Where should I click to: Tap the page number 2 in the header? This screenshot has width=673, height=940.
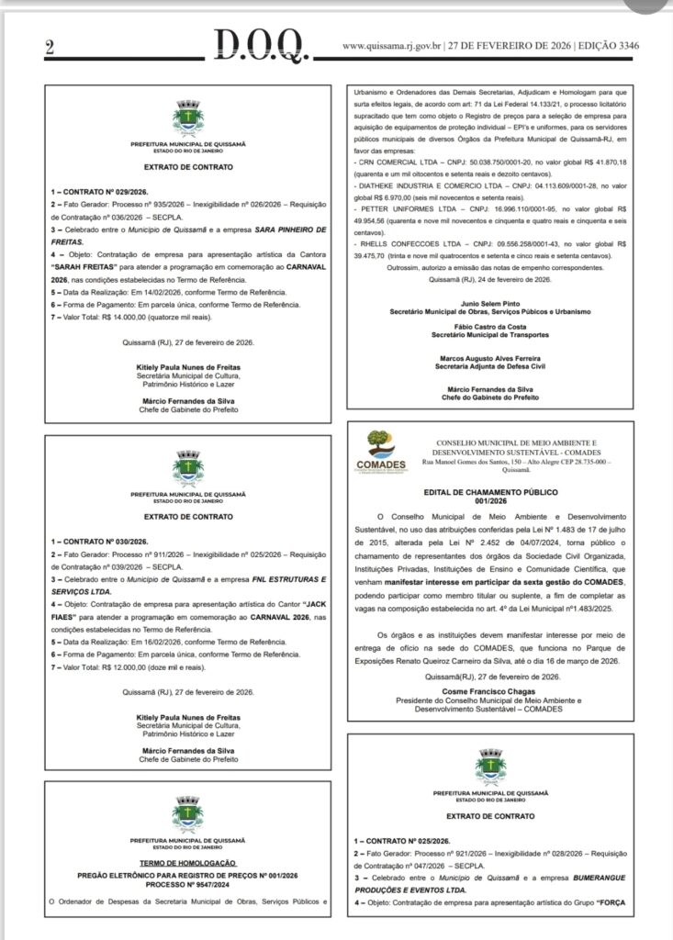pos(49,49)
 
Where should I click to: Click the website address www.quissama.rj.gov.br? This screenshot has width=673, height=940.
pos(393,45)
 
